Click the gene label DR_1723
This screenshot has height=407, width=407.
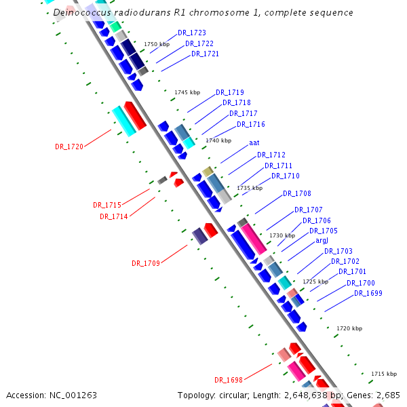[192, 33]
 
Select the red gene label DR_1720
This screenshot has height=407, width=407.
[69, 147]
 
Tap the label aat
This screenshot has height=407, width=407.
[254, 143]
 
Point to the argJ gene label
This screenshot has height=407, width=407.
[322, 241]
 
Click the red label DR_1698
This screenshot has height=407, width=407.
[229, 380]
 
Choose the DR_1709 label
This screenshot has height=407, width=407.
[146, 263]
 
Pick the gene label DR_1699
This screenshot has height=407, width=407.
[368, 294]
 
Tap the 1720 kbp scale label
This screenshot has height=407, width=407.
[349, 328]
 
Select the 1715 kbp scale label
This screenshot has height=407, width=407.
[383, 374]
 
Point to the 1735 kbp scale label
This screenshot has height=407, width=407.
[250, 188]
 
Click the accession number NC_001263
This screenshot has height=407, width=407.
[73, 395]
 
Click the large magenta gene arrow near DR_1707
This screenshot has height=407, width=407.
[254, 239]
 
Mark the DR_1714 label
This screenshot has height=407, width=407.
[114, 217]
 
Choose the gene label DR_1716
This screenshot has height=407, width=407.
[251, 125]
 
